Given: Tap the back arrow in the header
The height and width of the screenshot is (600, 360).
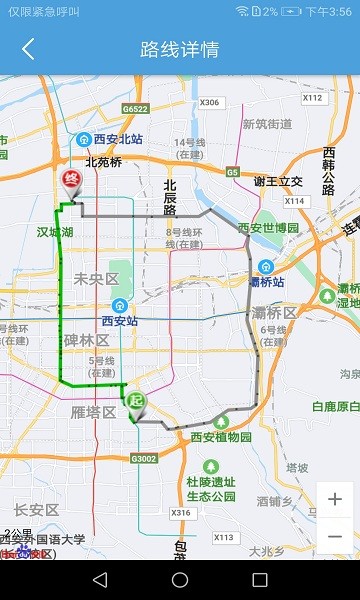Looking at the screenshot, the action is tap(28, 49).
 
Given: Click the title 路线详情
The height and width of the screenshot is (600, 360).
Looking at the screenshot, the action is tap(180, 49).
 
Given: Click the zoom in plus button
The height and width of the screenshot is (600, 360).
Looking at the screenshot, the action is tap(335, 499).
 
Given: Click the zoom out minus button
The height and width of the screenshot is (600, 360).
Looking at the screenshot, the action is tap(335, 536).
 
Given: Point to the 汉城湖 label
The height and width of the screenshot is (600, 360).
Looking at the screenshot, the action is tap(55, 231).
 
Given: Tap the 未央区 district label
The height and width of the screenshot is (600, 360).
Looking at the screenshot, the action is tap(95, 279).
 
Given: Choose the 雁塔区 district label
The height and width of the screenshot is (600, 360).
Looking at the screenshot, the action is tap(93, 411).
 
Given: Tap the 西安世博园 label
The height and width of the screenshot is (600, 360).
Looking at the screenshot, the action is tap(268, 228).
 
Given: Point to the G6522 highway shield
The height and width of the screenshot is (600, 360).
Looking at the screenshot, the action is tap(135, 109).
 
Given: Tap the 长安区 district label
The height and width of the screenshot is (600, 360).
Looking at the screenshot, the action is tap(37, 510).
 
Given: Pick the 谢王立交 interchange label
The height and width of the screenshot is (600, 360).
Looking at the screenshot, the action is tap(278, 181).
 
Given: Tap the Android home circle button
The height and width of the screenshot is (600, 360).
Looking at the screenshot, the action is tap(180, 580).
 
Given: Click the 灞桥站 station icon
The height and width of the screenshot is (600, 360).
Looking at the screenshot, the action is tap(265, 267).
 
